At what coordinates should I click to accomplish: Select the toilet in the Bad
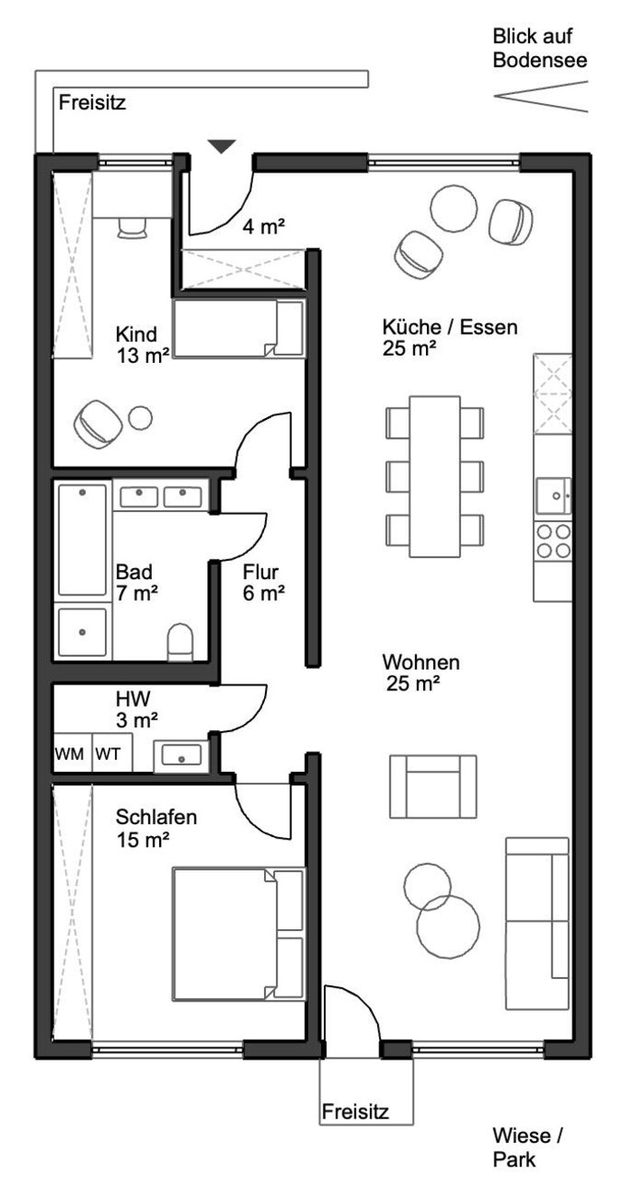tap(180, 642)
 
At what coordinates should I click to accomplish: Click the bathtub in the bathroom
tap(82, 540)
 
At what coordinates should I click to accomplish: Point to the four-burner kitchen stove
tap(553, 541)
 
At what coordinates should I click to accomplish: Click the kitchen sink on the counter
tap(553, 496)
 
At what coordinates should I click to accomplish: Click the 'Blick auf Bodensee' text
tap(540, 48)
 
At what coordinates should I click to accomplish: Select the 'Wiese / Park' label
tap(527, 1148)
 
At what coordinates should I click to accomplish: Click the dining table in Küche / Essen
tap(435, 476)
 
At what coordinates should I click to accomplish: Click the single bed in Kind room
tap(239, 328)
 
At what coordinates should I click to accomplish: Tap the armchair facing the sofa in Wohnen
tap(433, 786)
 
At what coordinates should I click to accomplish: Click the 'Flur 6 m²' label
tap(263, 583)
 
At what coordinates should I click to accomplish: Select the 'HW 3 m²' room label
tap(137, 709)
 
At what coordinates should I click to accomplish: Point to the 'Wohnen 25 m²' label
tap(420, 672)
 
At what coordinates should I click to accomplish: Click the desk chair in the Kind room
tap(131, 229)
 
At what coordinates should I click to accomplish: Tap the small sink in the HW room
tap(182, 756)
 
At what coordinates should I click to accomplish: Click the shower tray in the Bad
tap(82, 632)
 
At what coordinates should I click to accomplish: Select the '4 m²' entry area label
tap(264, 226)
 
